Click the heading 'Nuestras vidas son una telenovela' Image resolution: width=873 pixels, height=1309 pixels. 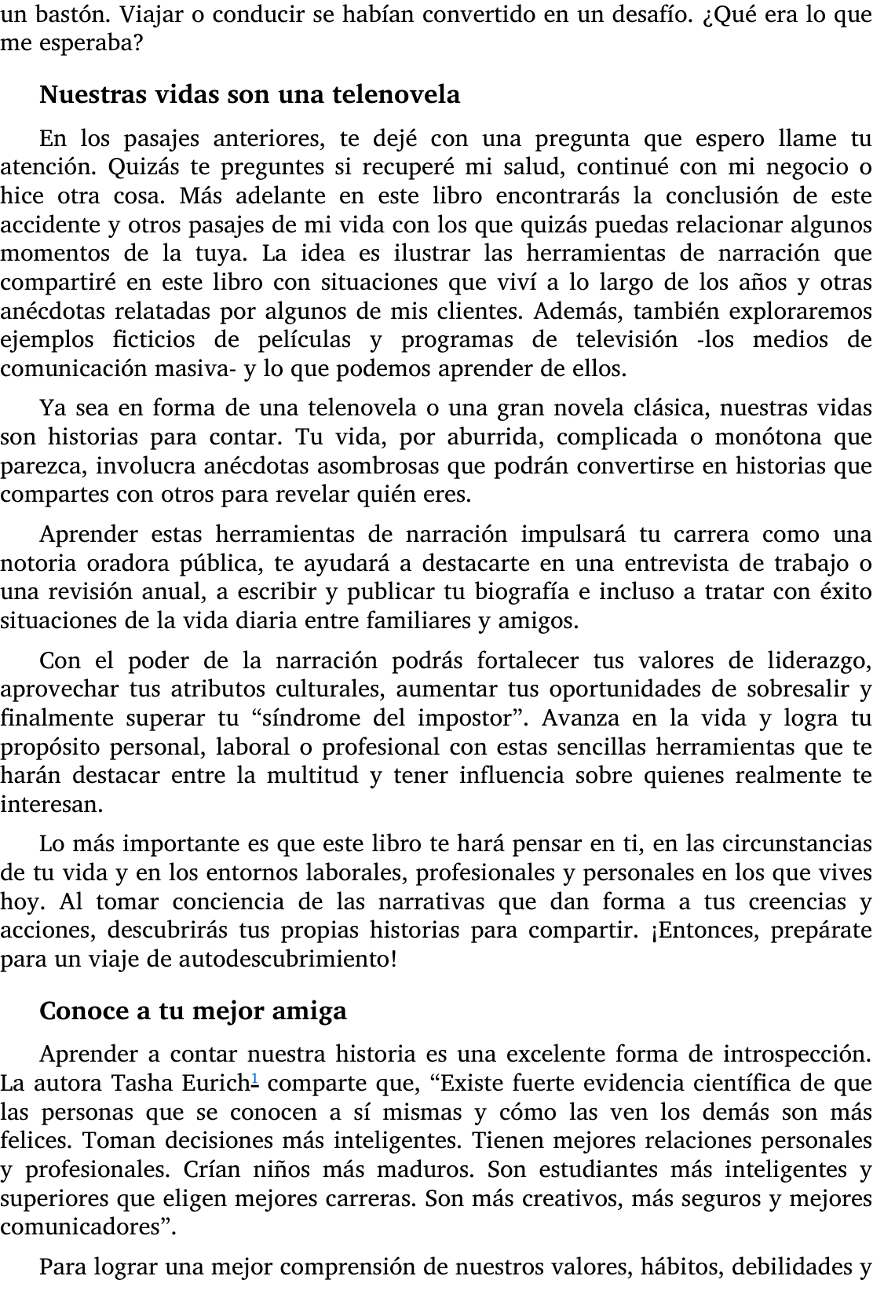[x=249, y=95]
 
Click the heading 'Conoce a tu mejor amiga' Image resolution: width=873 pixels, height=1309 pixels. [x=192, y=1010]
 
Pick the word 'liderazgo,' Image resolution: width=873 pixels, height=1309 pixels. [x=819, y=661]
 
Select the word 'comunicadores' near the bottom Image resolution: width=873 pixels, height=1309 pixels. [x=86, y=1227]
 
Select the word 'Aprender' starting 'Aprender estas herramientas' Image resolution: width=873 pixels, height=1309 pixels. [x=89, y=535]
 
